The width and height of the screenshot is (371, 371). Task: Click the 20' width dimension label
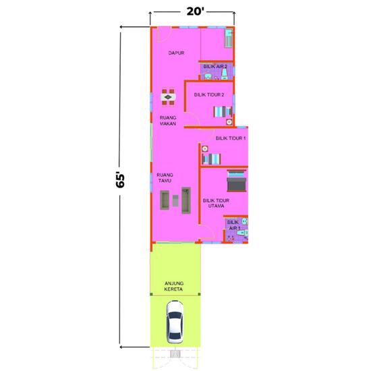point(192,11)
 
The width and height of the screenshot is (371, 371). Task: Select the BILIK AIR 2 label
point(215,66)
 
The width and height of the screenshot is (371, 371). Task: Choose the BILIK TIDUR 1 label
point(231,138)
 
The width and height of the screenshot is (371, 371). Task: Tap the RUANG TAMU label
point(165,177)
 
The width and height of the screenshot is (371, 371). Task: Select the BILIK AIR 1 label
point(233,225)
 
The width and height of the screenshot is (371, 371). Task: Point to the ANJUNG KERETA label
point(174,286)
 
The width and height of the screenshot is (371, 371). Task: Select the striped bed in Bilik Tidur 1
point(210,159)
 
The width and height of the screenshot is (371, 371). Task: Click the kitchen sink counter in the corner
point(229,38)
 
